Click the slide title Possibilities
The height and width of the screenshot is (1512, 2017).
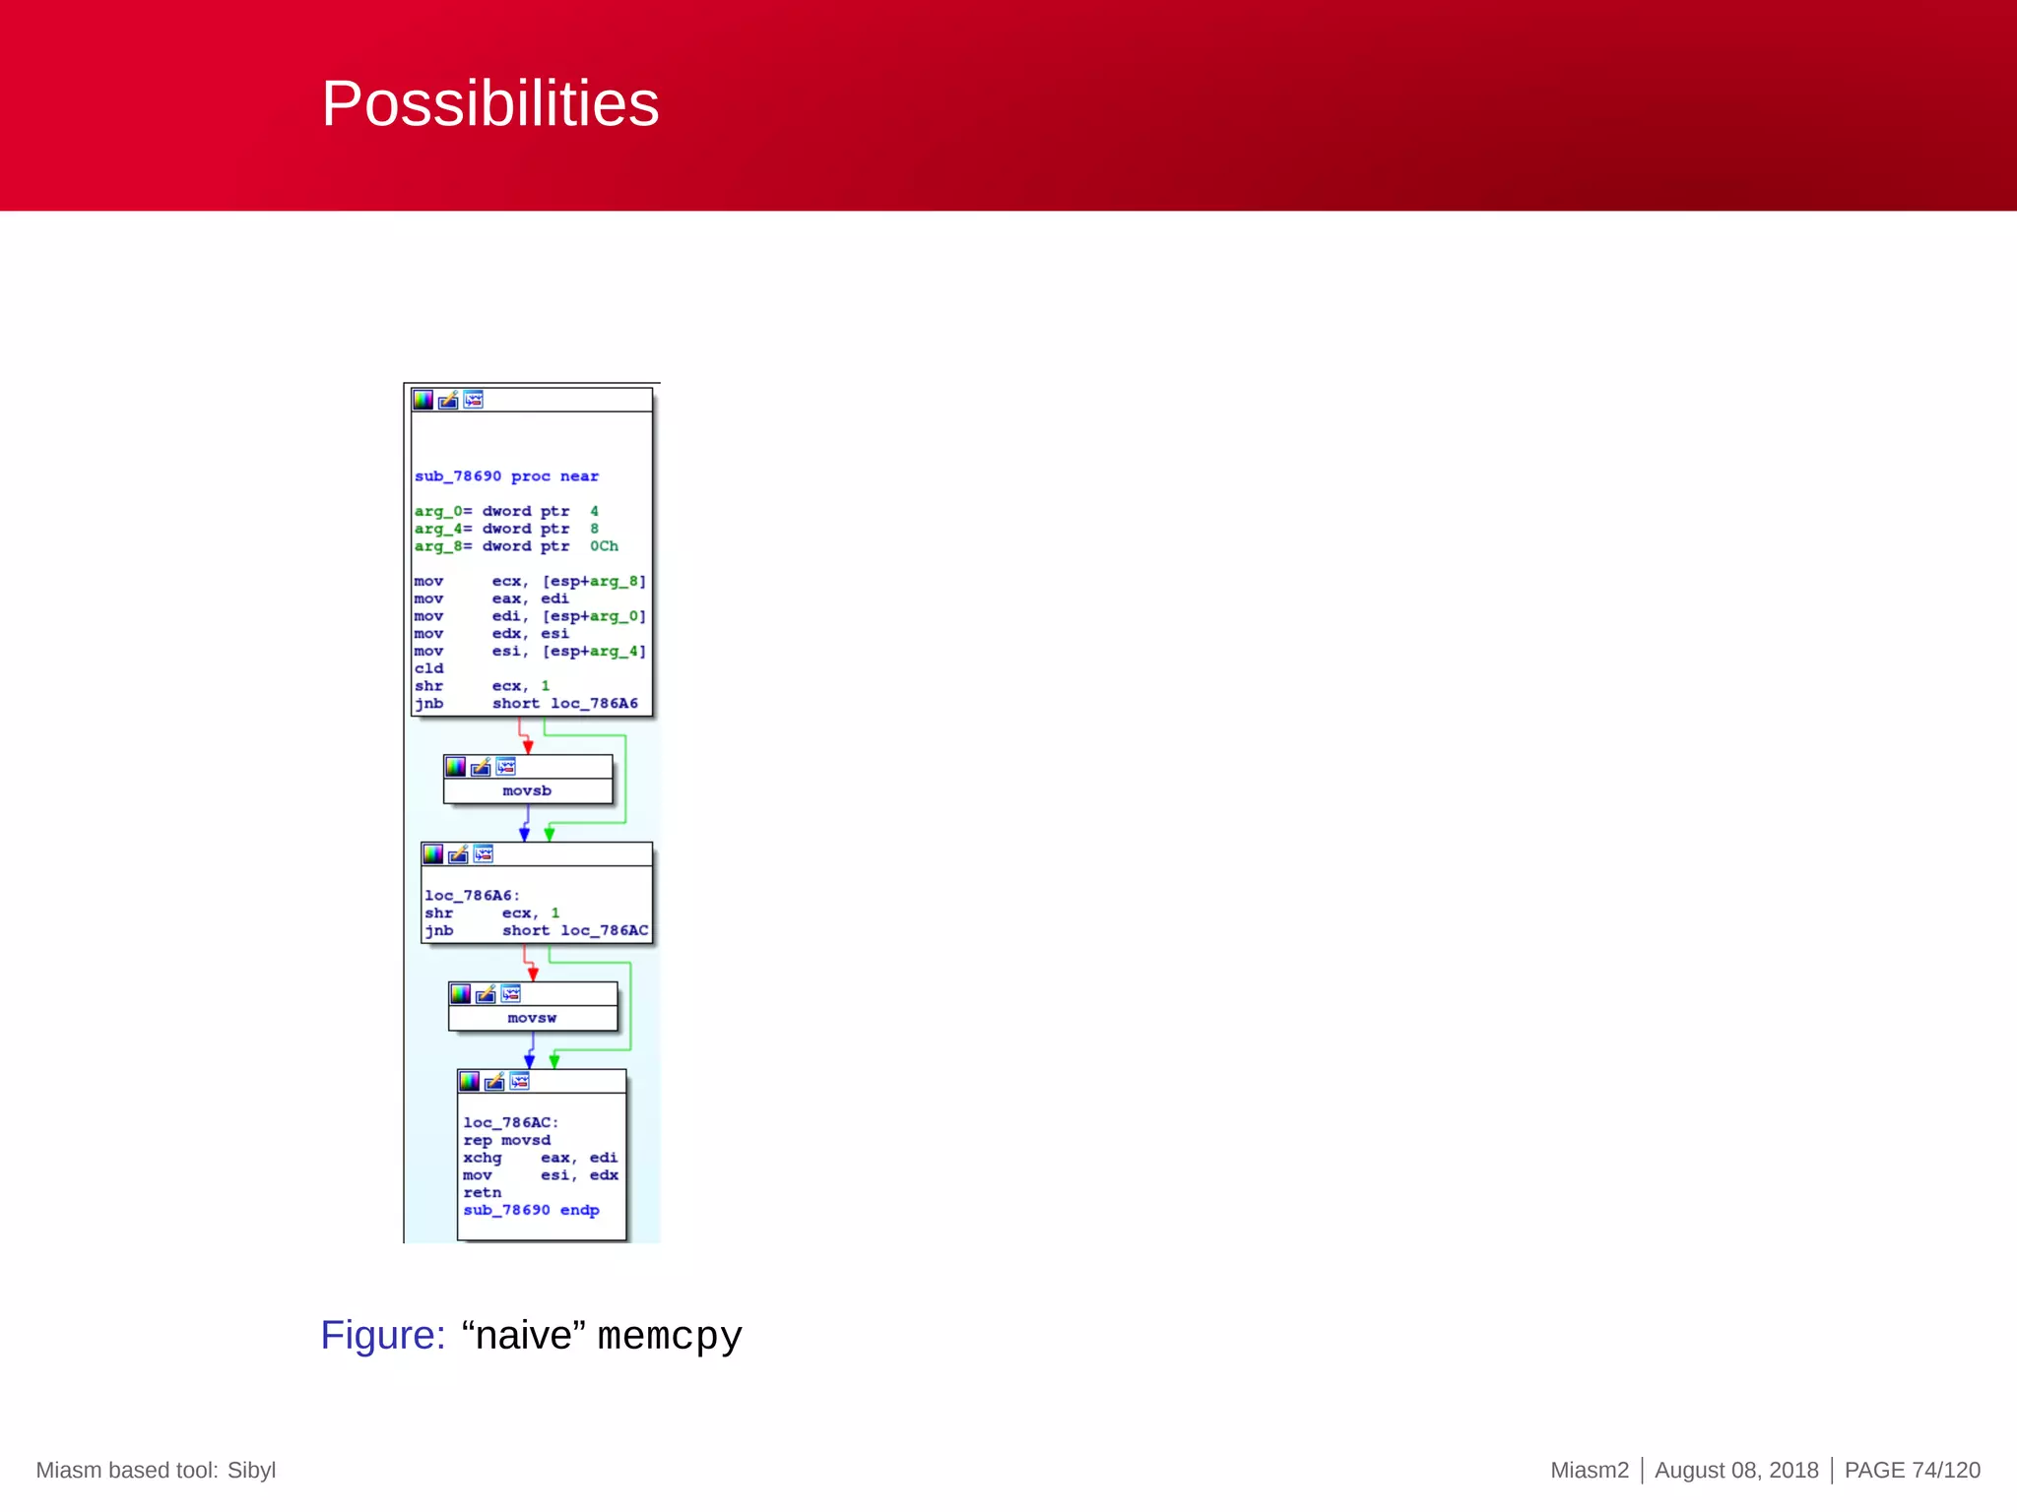tap(489, 104)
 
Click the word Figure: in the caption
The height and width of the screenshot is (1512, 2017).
tap(383, 1336)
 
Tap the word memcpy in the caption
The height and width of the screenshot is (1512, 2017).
tap(670, 1337)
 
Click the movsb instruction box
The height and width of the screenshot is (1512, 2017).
tap(527, 790)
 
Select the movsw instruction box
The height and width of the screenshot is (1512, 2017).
tap(532, 1018)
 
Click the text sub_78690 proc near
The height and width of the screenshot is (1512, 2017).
tap(506, 476)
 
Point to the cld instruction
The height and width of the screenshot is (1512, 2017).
tap(428, 668)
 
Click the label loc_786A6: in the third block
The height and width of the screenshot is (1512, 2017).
tap(471, 896)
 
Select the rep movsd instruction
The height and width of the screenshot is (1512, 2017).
tap(506, 1140)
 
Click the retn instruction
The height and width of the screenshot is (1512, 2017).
tap(482, 1193)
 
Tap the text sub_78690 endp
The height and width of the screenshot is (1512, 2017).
tap(531, 1210)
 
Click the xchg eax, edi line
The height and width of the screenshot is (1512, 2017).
tap(540, 1158)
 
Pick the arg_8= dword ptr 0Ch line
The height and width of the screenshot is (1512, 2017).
tap(516, 546)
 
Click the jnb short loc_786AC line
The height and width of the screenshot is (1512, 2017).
tap(536, 930)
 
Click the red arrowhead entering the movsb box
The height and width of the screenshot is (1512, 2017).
tap(528, 747)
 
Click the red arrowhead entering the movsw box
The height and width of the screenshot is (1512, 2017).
tap(533, 975)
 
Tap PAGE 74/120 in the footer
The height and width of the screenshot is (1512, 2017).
tap(1912, 1470)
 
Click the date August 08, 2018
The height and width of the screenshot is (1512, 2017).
tap(1736, 1470)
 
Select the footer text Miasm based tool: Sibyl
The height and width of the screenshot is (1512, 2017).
tap(156, 1470)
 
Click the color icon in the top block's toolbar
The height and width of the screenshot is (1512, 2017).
tap(423, 400)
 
